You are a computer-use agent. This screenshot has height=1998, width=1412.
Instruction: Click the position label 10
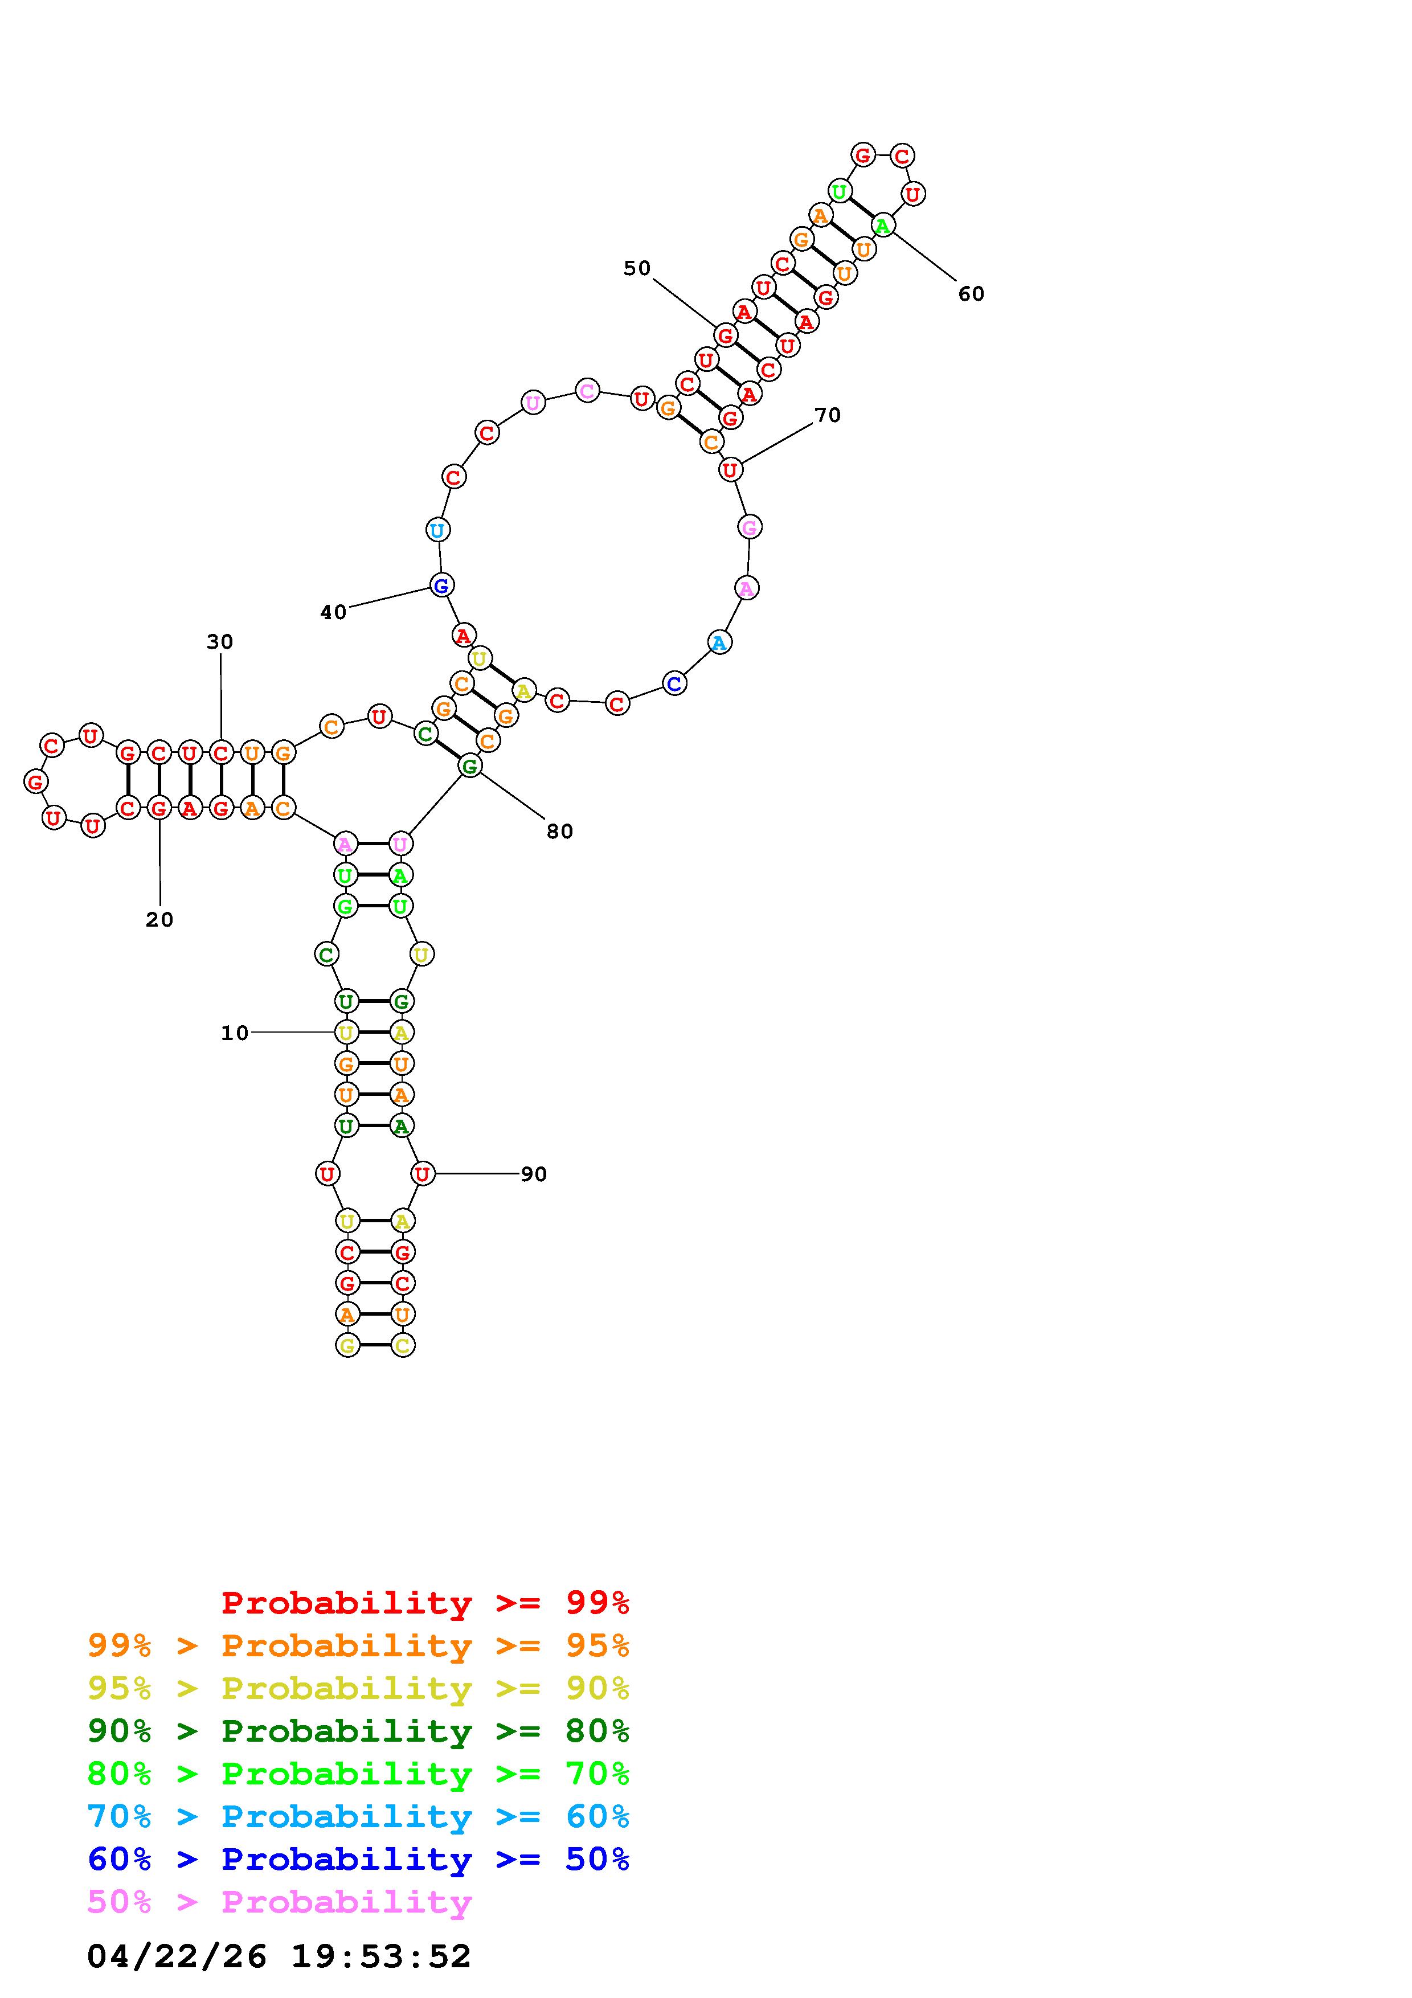click(x=235, y=1033)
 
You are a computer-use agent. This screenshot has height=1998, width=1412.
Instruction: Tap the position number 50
click(x=637, y=268)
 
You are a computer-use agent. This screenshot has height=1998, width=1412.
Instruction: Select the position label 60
click(x=971, y=294)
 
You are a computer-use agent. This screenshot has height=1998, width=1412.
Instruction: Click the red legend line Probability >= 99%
click(x=425, y=1603)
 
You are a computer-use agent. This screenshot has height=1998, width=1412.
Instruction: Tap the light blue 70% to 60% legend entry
click(x=358, y=1817)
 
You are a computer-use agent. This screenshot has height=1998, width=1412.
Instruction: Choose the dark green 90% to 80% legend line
click(x=358, y=1731)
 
